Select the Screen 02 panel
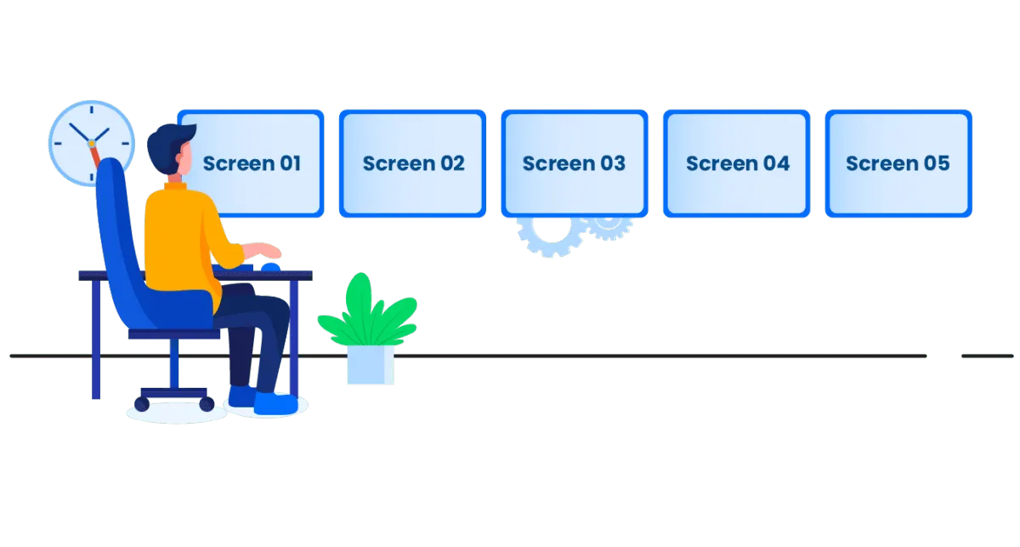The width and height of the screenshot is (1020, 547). point(412,163)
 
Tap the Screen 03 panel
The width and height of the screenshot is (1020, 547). point(574,163)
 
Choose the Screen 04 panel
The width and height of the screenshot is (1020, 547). point(737,163)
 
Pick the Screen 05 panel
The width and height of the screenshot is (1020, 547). point(898,163)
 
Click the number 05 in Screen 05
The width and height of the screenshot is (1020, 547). point(935,163)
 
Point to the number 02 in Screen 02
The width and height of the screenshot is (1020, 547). point(450,163)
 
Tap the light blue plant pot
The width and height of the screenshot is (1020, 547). point(370,364)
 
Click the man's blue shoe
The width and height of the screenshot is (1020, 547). point(276,403)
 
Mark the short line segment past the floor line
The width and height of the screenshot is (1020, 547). point(986,356)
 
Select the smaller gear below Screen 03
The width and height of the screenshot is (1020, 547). point(609,227)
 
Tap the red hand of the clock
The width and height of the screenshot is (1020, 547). point(97,157)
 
